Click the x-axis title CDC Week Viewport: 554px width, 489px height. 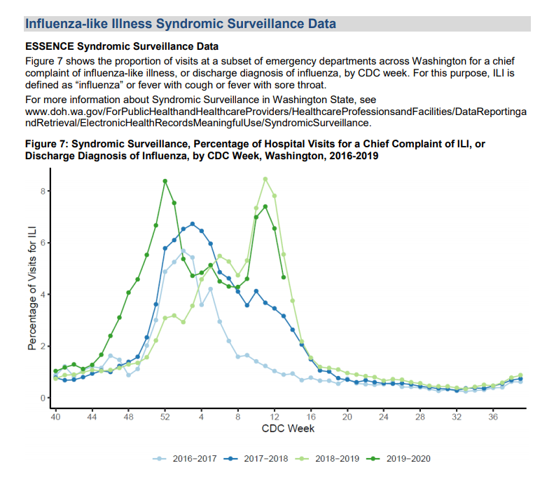tap(288, 429)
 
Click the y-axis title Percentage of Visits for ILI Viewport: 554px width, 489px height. tap(32, 287)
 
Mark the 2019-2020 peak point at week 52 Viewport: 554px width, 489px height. tap(165, 181)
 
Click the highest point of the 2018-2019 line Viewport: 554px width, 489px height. tap(265, 179)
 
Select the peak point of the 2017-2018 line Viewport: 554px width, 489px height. tap(192, 224)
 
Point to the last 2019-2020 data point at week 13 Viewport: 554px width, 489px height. tap(283, 277)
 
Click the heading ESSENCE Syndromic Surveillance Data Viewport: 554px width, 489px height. tap(121, 47)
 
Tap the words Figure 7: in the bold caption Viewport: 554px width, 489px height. tap(46, 143)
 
